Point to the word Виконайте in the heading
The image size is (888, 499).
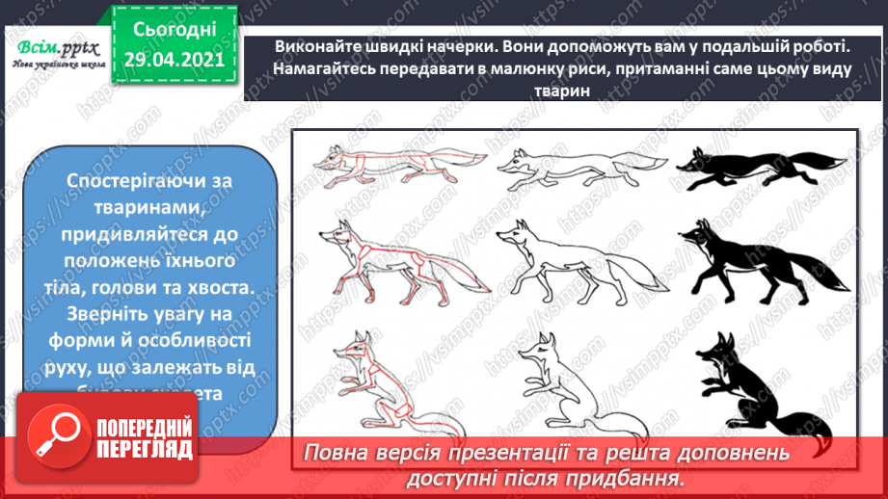pyautogui.click(x=312, y=46)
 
